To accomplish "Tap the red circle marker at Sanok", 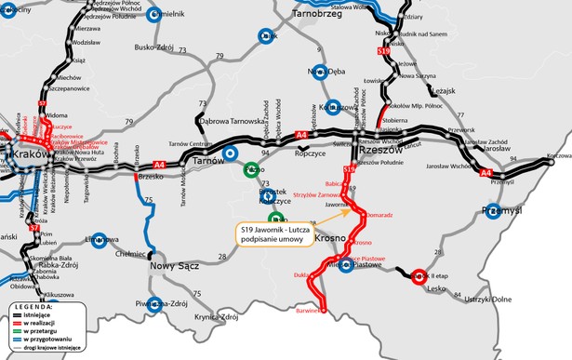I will [419, 275].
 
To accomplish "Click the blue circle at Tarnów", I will [232, 154].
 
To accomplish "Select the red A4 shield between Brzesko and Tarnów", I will [160, 165].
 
